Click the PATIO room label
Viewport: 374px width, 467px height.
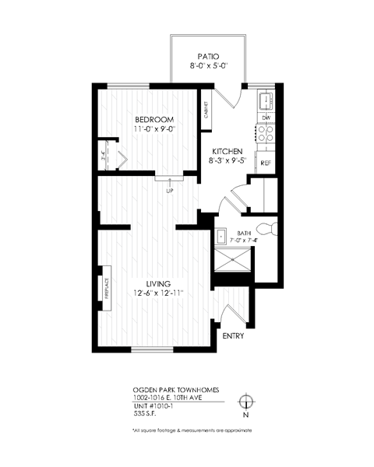click(207, 56)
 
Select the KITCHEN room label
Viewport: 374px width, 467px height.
click(227, 151)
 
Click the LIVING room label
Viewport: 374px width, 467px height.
click(157, 283)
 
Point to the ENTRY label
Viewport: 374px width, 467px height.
click(233, 336)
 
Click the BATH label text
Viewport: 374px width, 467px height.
click(243, 232)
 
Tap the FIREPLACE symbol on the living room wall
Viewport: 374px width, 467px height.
click(103, 290)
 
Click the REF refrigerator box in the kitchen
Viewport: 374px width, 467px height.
click(266, 163)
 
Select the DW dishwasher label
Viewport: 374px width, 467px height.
click(266, 118)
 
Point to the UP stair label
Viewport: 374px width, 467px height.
click(168, 190)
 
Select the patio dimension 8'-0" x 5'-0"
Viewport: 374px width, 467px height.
click(207, 67)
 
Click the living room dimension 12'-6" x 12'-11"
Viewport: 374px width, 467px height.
click(157, 293)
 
